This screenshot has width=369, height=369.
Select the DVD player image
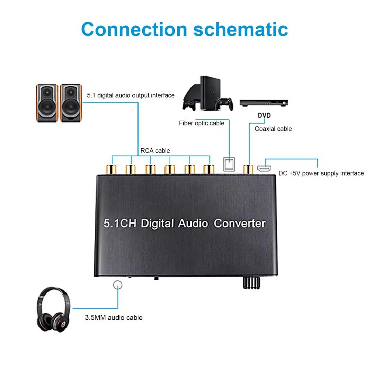click(x=264, y=103)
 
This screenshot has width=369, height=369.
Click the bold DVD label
click(x=264, y=115)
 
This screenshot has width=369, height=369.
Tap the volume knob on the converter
click(x=251, y=282)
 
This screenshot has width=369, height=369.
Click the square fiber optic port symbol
click(x=229, y=164)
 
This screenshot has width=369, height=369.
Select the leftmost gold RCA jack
click(x=111, y=169)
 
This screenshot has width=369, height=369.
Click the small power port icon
click(x=264, y=169)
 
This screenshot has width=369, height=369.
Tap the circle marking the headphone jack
click(x=118, y=284)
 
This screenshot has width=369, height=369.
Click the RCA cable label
click(x=155, y=150)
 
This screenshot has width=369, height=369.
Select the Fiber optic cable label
click(x=201, y=123)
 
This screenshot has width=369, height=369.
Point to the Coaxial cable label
click(x=273, y=129)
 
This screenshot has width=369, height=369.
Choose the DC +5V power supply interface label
click(x=321, y=173)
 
